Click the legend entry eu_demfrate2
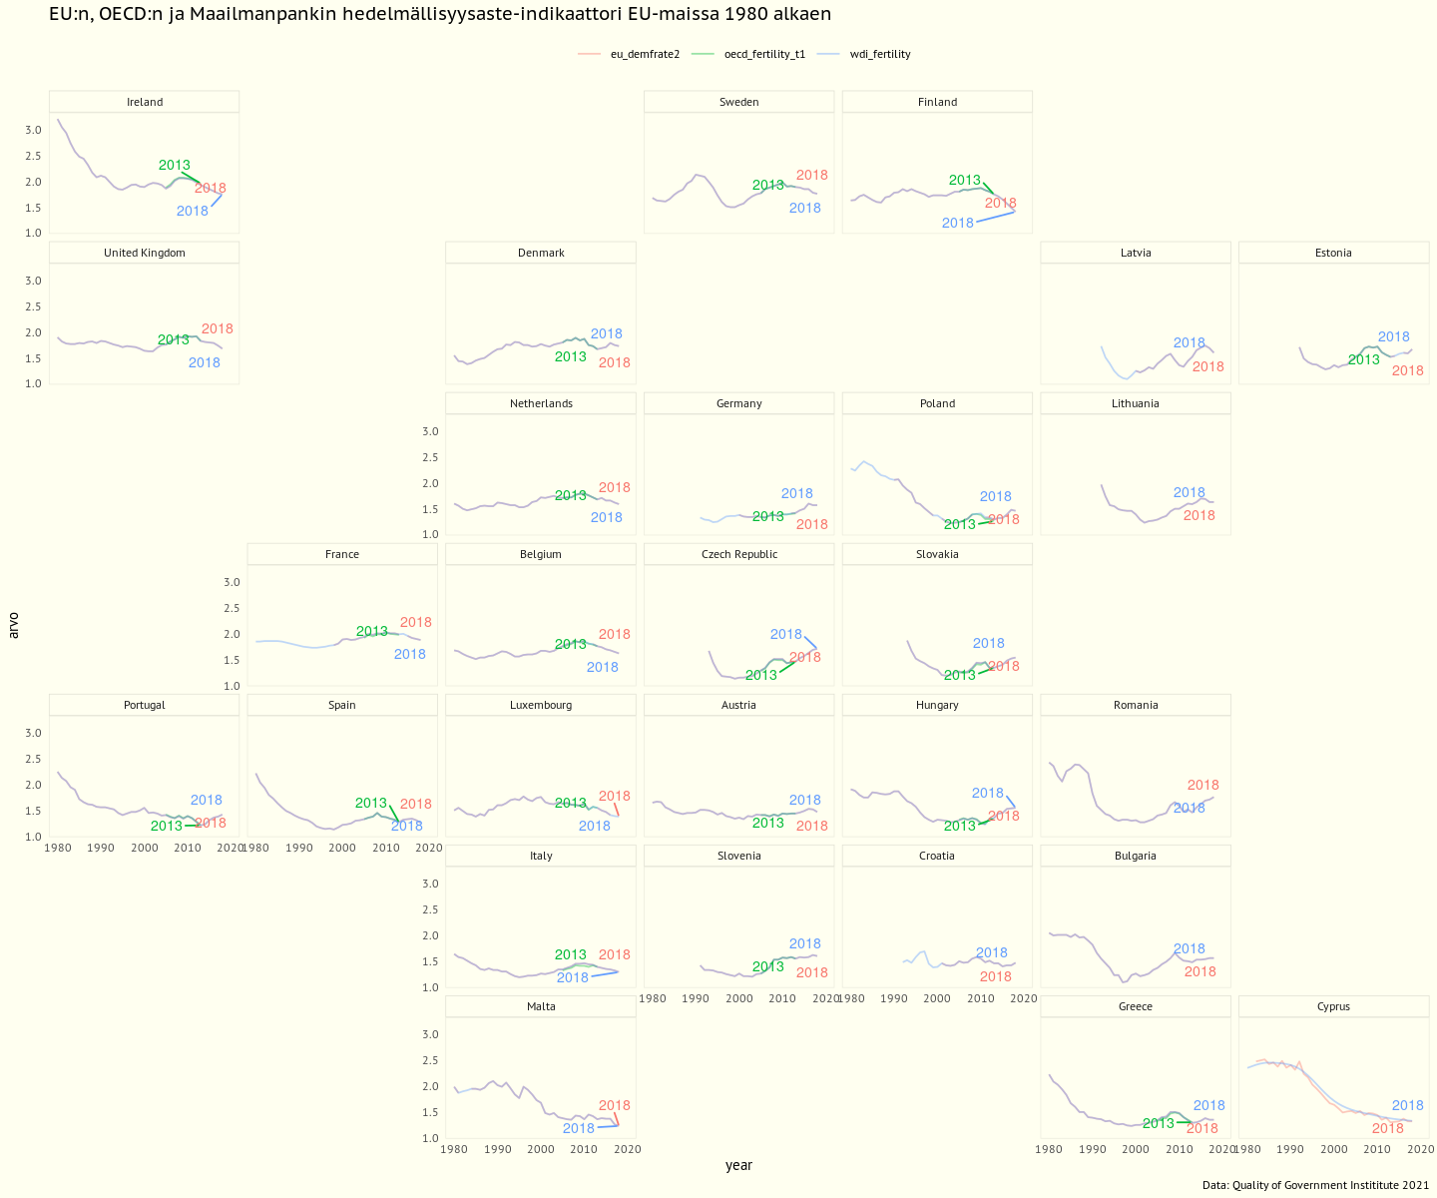click(645, 55)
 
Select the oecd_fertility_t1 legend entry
click(764, 55)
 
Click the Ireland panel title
click(145, 102)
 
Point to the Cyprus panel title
click(1333, 1006)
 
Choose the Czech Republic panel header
click(739, 554)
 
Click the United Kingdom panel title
click(145, 253)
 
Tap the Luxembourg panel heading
click(541, 705)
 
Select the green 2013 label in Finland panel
click(964, 181)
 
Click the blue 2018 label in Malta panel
click(579, 1129)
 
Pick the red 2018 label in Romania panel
click(1203, 786)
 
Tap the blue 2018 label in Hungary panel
click(988, 794)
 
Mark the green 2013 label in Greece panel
click(1159, 1124)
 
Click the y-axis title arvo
click(13, 625)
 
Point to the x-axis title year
click(738, 1166)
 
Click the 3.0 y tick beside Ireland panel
click(34, 131)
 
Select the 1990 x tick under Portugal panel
click(101, 849)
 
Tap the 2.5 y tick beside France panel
click(232, 609)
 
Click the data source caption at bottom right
click(1315, 1186)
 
